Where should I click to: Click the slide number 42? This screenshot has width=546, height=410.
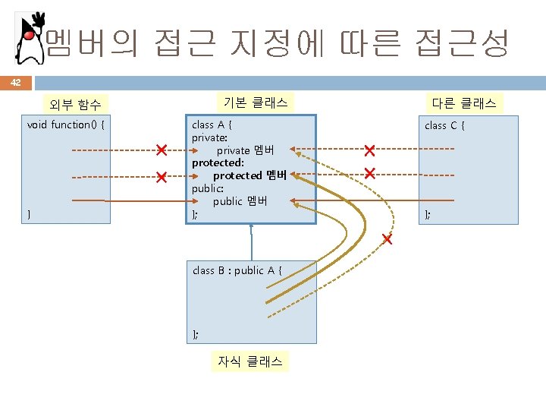click(16, 83)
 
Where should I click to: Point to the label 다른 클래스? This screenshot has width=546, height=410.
click(464, 102)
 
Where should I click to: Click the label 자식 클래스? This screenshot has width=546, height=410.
click(249, 362)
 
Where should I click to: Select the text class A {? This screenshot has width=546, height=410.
click(212, 125)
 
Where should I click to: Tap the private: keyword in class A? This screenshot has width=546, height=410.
click(209, 137)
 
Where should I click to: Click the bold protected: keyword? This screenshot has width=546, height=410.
click(218, 162)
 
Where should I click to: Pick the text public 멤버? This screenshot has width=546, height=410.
click(240, 201)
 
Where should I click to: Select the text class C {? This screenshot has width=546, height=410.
click(444, 125)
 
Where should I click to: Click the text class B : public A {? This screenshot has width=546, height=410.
click(237, 270)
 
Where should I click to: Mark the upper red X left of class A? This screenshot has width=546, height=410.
click(161, 149)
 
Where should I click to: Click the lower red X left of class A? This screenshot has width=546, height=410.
click(161, 177)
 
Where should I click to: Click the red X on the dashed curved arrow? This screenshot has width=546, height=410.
click(387, 240)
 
